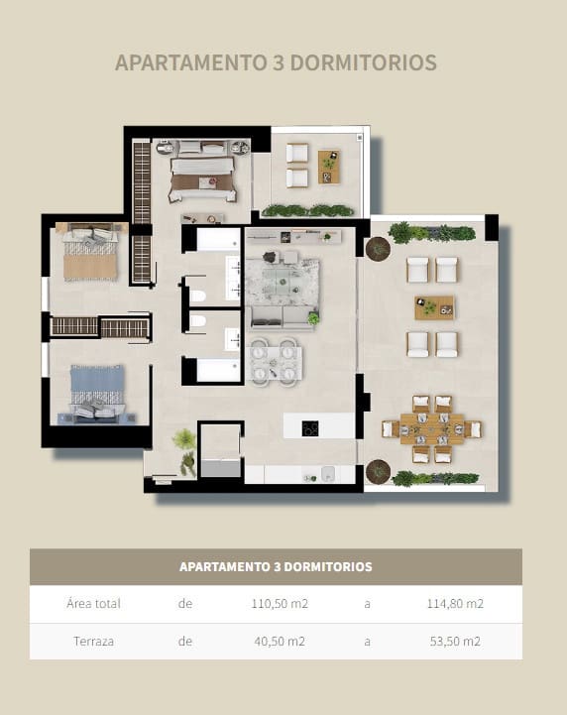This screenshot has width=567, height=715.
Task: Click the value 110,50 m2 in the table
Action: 278,604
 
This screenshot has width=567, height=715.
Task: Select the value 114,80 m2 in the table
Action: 455,604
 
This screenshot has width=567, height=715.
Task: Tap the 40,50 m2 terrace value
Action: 278,642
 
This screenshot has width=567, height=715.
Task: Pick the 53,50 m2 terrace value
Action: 455,642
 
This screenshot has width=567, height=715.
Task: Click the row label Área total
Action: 93,604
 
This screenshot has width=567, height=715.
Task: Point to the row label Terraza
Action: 93,642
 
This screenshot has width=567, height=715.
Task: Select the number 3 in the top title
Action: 275,62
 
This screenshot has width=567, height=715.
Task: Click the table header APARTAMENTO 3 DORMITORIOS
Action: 276,567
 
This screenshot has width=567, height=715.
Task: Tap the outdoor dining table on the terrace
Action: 432,429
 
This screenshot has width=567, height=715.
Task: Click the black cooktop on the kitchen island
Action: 310,428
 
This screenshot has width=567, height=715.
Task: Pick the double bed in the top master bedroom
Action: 202,173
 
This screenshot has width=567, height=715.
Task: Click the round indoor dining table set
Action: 274,360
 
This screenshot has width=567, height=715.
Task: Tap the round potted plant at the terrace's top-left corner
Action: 378,248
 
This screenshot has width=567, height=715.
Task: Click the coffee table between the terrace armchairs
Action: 433,307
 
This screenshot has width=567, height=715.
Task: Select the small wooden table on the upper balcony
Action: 329,167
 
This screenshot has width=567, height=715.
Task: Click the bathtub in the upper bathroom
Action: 219,240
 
